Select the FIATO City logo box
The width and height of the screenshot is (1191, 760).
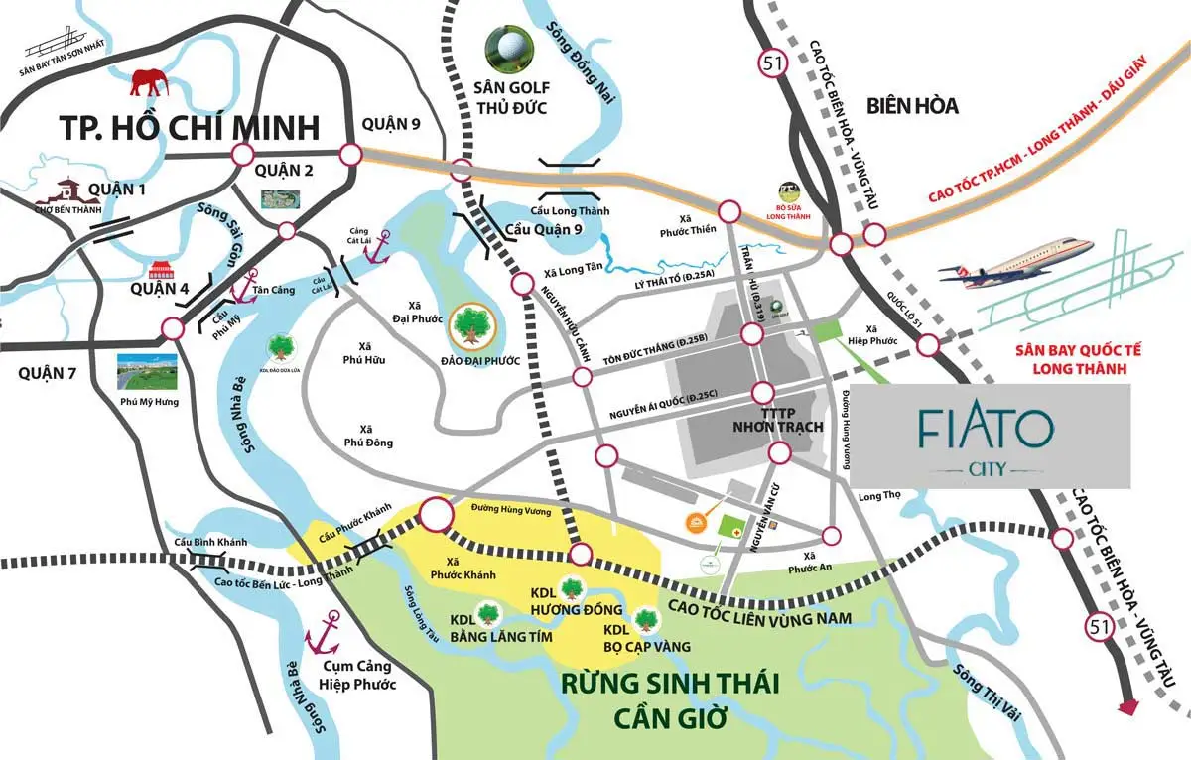pos(991,437)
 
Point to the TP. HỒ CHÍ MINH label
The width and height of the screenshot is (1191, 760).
pos(190,127)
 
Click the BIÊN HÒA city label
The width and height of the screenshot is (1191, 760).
pos(911,105)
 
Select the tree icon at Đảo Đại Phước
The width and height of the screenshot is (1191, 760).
pos(470,323)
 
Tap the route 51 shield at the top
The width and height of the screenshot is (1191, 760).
pos(770,63)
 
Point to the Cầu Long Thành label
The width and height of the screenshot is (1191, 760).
pos(570,210)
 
